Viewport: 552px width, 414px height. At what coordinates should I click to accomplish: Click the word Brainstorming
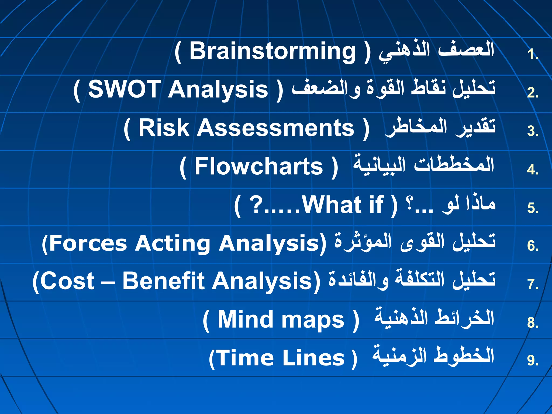pos(272,52)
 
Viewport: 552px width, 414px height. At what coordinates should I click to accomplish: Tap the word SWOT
pos(124,89)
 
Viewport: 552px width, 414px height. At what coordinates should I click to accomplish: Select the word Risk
pos(164,128)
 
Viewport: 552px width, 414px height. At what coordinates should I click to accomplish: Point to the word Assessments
pos(275,128)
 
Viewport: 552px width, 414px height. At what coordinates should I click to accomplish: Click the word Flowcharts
pos(258,167)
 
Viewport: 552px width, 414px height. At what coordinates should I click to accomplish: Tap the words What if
pos(342,205)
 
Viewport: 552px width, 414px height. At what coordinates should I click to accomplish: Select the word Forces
pos(88,243)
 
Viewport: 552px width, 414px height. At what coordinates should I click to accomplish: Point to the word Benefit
pos(164,281)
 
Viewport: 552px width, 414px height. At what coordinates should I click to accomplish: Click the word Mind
pos(245,319)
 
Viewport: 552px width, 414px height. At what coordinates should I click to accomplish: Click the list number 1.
pos(532,54)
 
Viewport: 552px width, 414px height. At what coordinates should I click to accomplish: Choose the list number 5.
pos(532,208)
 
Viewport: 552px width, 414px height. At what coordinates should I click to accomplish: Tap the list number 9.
pos(532,361)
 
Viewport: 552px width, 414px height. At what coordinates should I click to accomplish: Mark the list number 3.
pos(532,132)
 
